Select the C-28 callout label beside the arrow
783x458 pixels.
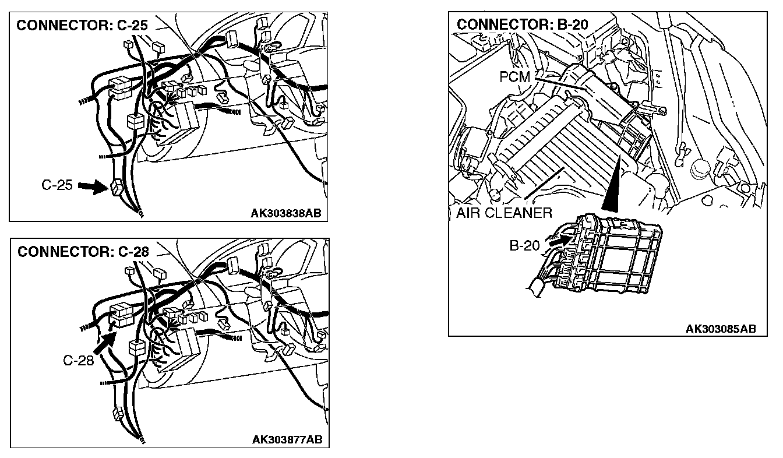click(x=78, y=361)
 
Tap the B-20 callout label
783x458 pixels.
click(x=524, y=245)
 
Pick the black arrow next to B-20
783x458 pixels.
click(x=558, y=238)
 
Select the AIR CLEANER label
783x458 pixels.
click(x=503, y=213)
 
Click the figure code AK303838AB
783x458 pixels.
click(x=285, y=213)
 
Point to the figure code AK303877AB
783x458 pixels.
click(x=287, y=439)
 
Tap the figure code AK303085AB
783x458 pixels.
click(x=720, y=329)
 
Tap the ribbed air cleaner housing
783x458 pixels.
click(x=559, y=152)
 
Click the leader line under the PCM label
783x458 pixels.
click(x=559, y=84)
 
